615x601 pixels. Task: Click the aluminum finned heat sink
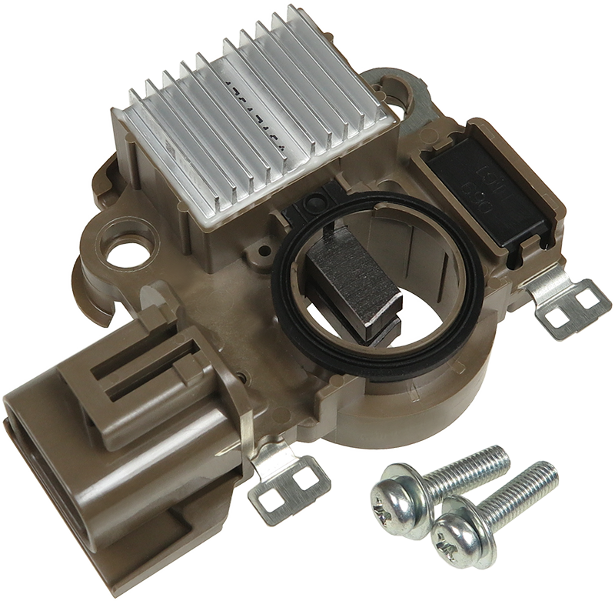254,115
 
